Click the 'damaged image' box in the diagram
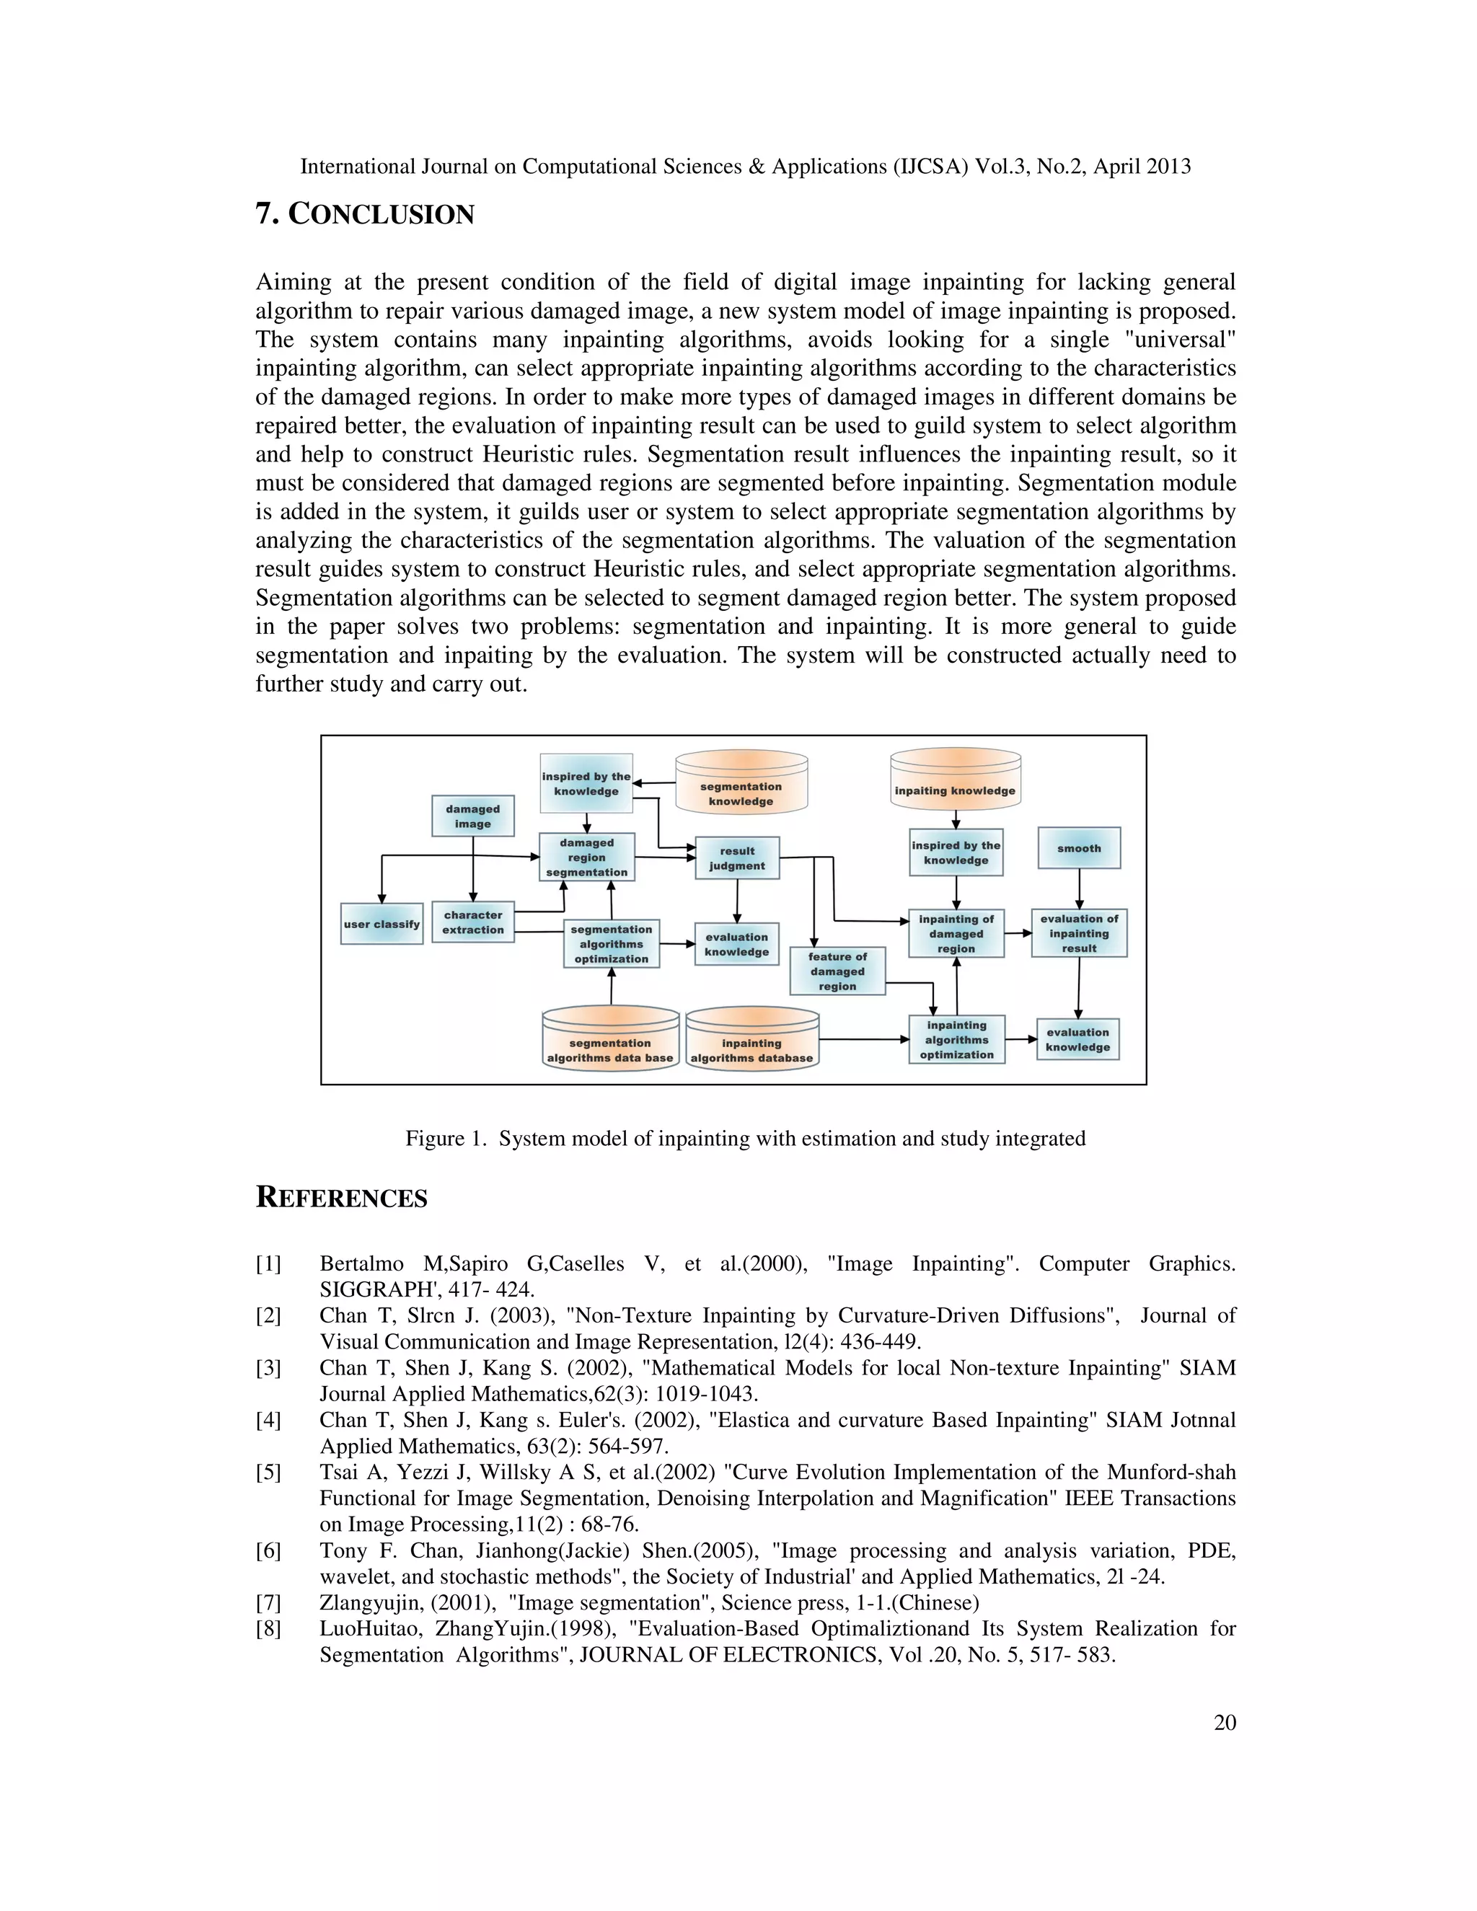pyautogui.click(x=472, y=816)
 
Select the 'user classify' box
pyautogui.click(x=382, y=924)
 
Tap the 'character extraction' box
pyautogui.click(x=472, y=923)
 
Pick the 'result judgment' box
pyautogui.click(x=737, y=858)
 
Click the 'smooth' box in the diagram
pyautogui.click(x=1079, y=848)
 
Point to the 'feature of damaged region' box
pyautogui.click(x=837, y=971)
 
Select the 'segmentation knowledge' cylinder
pyautogui.click(x=741, y=787)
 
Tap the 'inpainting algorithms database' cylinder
pyautogui.click(x=751, y=1043)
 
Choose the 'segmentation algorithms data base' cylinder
pyautogui.click(x=610, y=1043)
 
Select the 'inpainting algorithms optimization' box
pyautogui.click(x=956, y=1039)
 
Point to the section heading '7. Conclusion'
pyautogui.click(x=365, y=214)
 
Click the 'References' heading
pyautogui.click(x=341, y=1198)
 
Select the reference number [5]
pyautogui.click(x=268, y=1473)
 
